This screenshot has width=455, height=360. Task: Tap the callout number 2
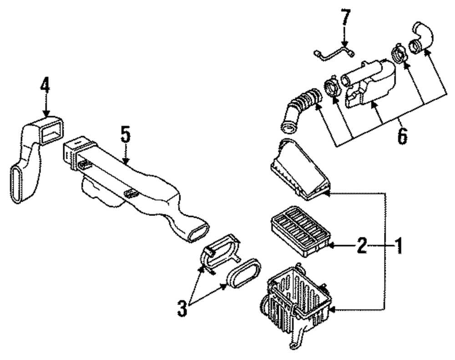361,246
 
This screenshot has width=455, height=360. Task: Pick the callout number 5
126,135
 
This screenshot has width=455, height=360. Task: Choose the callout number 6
401,135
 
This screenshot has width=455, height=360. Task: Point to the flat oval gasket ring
244,274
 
